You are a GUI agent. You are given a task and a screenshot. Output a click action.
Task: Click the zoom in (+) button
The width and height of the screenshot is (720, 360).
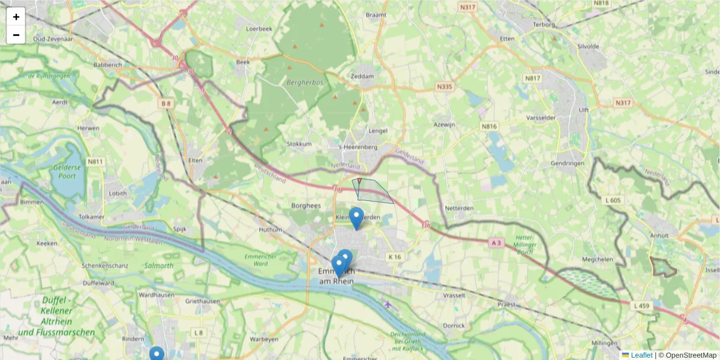16,17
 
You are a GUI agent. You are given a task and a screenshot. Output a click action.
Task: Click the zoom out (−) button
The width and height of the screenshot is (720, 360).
16,35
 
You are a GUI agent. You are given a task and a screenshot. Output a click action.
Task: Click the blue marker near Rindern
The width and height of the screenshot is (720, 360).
157,355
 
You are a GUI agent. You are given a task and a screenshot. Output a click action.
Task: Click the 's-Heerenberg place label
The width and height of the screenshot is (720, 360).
358,147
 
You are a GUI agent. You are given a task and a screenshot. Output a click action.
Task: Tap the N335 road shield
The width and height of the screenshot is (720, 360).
444,87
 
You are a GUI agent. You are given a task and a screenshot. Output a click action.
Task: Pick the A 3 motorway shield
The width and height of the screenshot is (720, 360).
496,242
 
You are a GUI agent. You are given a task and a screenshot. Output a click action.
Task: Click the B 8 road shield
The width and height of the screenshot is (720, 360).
166,103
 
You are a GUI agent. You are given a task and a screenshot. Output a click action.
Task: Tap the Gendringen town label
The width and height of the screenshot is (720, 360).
567,163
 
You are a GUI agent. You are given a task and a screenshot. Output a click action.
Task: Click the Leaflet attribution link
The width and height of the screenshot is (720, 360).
640,355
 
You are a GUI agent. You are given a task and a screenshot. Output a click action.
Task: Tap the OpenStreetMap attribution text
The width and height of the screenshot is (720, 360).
691,355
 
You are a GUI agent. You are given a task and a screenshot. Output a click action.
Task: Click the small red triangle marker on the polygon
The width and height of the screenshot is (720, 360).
359,180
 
